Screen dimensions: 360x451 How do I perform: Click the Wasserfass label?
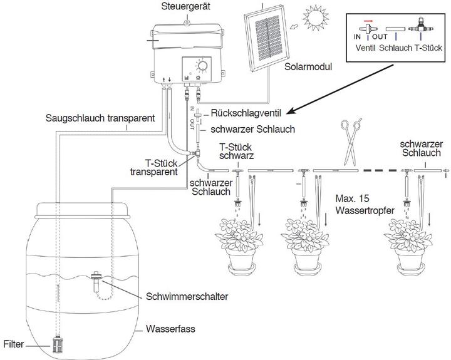tap(167, 327)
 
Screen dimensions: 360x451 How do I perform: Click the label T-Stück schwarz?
tap(231, 151)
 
